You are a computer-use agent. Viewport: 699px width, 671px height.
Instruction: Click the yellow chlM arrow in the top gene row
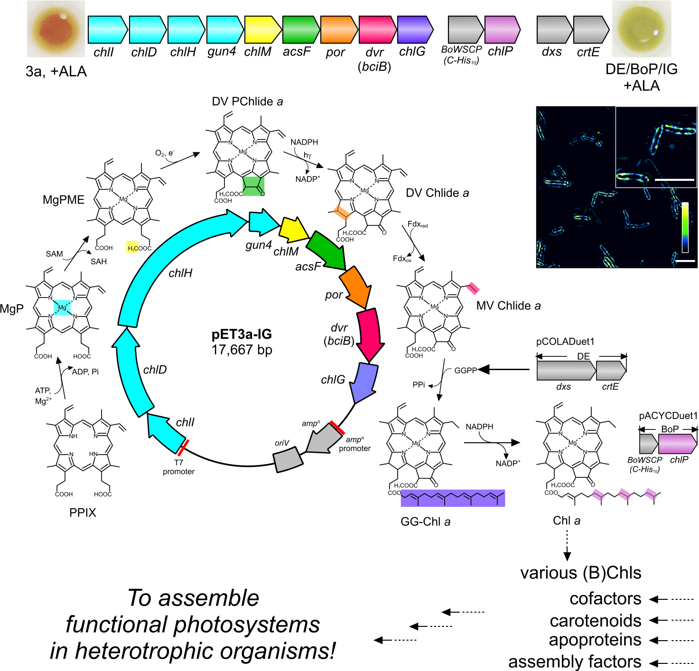coord(263,29)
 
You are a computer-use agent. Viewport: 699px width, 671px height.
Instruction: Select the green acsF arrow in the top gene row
coord(301,29)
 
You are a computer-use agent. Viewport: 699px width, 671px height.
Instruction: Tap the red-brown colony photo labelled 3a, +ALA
coord(56,29)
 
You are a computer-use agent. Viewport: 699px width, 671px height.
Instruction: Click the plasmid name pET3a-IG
coord(242,335)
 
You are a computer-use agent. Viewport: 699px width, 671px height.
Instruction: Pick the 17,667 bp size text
coord(242,350)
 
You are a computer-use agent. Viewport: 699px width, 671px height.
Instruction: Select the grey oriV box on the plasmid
coord(288,459)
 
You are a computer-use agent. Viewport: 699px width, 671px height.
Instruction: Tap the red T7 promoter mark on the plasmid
coord(183,447)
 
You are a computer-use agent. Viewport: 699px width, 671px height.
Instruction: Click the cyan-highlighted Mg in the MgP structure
coord(62,308)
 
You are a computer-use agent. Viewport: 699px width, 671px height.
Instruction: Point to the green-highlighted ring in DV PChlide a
coord(253,186)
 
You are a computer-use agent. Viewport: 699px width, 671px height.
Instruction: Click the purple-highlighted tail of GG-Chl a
coord(453,498)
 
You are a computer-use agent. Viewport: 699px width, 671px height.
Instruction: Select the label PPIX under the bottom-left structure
coord(83,513)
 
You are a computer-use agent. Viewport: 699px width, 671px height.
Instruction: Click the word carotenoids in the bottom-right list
coord(596,621)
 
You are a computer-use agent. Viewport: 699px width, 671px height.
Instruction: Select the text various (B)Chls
coord(581,573)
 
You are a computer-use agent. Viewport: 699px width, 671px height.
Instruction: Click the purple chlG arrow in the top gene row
coord(415,29)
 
